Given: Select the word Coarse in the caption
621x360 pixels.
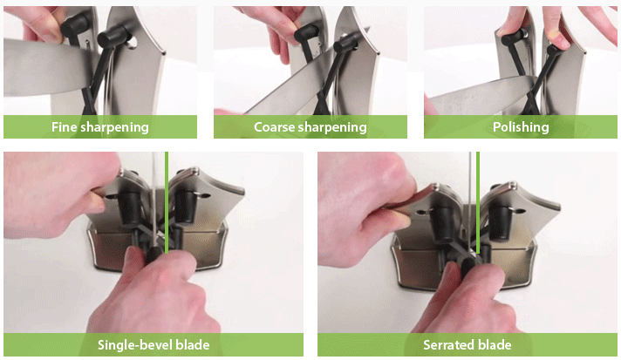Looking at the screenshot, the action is pos(274,127).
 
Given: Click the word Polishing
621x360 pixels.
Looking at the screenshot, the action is pos(521,127).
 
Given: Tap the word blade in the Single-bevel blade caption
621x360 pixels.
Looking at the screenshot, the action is pos(193,345).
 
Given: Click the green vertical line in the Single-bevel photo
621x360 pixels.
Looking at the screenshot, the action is pos(167,202).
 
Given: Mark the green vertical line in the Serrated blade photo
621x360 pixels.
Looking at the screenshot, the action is pos(478,202).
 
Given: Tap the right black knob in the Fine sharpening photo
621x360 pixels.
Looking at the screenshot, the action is pos(112,36).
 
